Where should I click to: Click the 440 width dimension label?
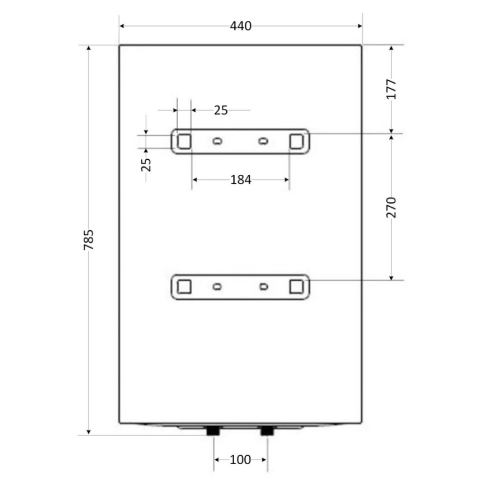pos(241,26)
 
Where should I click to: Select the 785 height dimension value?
pos(89,240)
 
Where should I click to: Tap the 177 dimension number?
pos(391,89)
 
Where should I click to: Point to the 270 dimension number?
pos(391,208)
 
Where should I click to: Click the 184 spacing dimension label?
pos(241,180)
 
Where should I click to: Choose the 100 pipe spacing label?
pos(241,460)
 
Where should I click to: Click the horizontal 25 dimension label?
pos(221,110)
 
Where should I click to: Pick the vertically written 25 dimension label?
pos(146,165)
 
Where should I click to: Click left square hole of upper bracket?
pos(184,141)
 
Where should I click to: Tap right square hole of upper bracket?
pos(296,141)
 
